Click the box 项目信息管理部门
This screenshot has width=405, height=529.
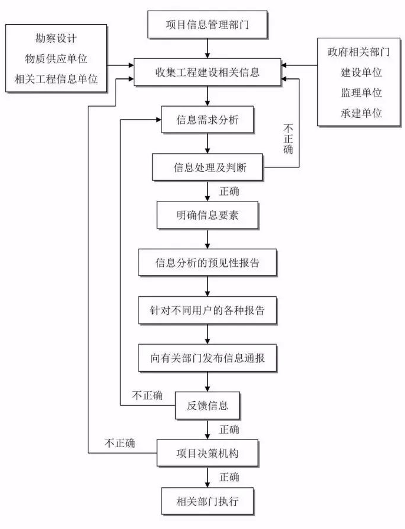point(207,25)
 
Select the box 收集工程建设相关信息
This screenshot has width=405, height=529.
point(207,74)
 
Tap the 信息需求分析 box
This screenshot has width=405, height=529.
point(207,120)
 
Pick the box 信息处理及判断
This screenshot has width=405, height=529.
point(207,167)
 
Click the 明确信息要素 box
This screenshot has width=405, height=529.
point(207,216)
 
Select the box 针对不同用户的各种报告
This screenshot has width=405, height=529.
point(207,310)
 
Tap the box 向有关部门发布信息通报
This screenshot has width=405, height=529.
point(207,358)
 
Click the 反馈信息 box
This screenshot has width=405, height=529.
point(207,405)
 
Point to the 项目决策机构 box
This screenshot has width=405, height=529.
point(207,454)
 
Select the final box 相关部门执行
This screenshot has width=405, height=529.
point(207,502)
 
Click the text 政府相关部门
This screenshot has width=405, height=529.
point(358,52)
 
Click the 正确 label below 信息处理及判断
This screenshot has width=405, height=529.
point(229,191)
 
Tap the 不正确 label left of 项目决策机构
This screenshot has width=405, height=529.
point(120,442)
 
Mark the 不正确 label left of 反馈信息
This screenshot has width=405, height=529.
point(148,395)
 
